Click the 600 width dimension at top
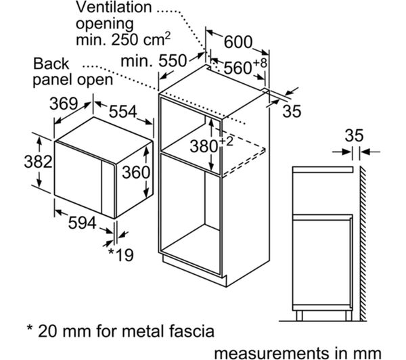[x=238, y=42]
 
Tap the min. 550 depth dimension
[x=154, y=60]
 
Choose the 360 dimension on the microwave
[x=135, y=173]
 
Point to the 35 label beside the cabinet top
[x=291, y=110]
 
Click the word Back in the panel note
[x=51, y=64]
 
